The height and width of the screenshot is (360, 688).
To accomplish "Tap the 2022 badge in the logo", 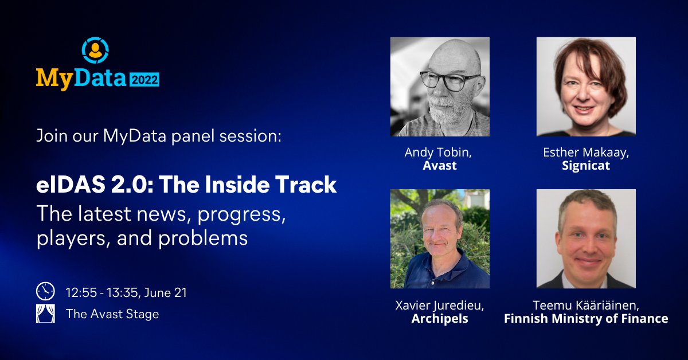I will pos(143,79).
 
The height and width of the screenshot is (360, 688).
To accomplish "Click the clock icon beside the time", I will pos(45,292).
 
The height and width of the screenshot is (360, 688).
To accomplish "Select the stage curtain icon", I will pos(45,314).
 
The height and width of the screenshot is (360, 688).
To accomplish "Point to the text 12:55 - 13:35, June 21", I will pos(126,292).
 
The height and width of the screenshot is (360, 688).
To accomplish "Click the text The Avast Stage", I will pos(112,314).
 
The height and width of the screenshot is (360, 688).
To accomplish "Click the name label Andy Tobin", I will pos(439,153).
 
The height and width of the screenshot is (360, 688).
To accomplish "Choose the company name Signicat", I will pos(585,166).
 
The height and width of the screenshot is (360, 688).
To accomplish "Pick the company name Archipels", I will pos(440,319).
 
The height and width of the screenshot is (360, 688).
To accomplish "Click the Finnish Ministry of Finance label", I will pos(586,319).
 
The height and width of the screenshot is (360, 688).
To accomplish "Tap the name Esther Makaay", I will pos(585,153).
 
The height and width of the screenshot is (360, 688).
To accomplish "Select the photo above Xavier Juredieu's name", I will pos(440,238).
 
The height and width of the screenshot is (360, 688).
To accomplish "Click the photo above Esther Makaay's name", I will pos(586,87).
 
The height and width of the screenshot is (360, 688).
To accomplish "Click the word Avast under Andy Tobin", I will pos(440,166).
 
